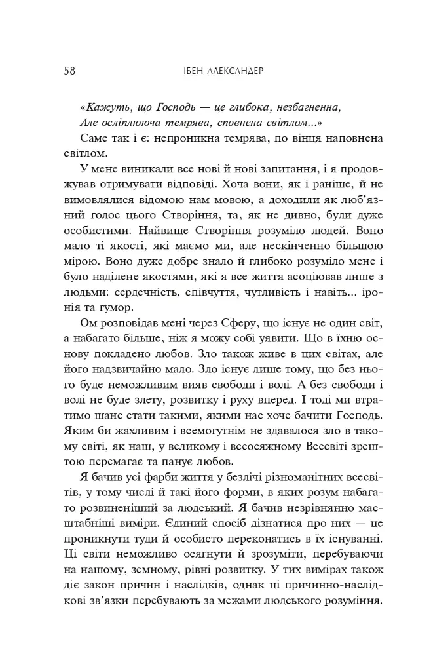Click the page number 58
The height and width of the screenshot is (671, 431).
(71, 71)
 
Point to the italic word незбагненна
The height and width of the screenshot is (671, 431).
(305, 106)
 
